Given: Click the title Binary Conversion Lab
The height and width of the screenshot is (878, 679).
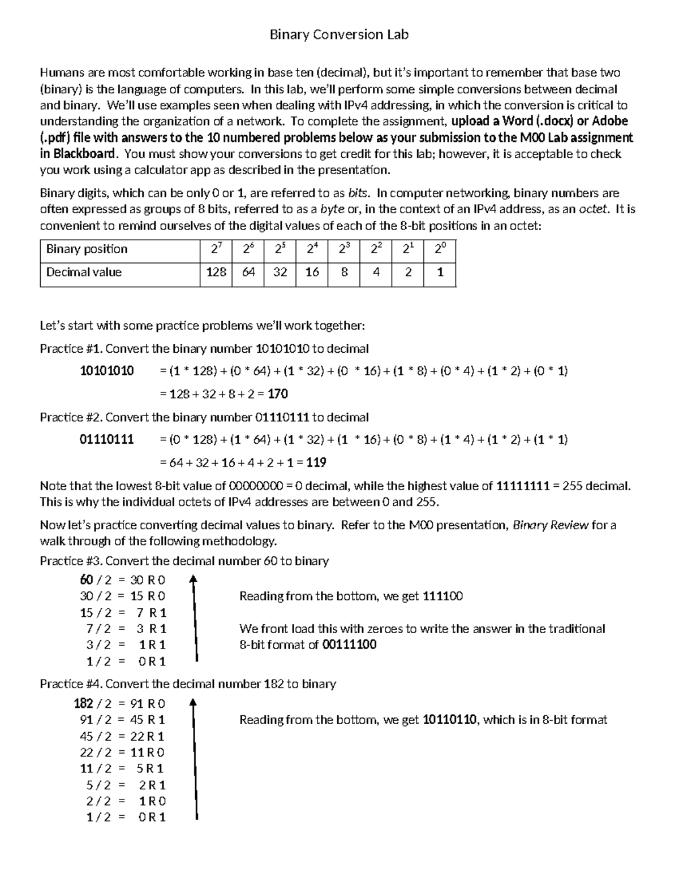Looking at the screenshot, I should (339, 35).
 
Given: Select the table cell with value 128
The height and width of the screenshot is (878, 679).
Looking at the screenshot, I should (216, 273).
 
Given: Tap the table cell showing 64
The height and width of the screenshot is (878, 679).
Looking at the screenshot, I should (248, 273).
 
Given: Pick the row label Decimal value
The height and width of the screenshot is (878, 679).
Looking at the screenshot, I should (84, 273).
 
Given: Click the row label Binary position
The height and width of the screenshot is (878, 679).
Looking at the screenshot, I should (87, 249).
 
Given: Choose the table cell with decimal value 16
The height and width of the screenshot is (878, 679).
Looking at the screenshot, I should (312, 273).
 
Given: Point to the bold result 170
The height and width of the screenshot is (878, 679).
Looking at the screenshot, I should (278, 394).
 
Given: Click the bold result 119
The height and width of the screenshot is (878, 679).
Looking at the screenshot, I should (316, 463).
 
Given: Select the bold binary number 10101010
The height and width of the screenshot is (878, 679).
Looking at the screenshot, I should (107, 371).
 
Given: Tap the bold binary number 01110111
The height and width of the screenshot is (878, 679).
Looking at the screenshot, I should (107, 440).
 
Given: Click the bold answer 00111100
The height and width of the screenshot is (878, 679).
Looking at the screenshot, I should (349, 645).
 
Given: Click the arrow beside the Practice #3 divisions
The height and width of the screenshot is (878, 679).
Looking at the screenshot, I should (194, 619).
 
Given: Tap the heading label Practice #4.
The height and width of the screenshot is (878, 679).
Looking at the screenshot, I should (71, 684).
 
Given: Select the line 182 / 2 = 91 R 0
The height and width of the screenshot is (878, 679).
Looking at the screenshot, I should (119, 704).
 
